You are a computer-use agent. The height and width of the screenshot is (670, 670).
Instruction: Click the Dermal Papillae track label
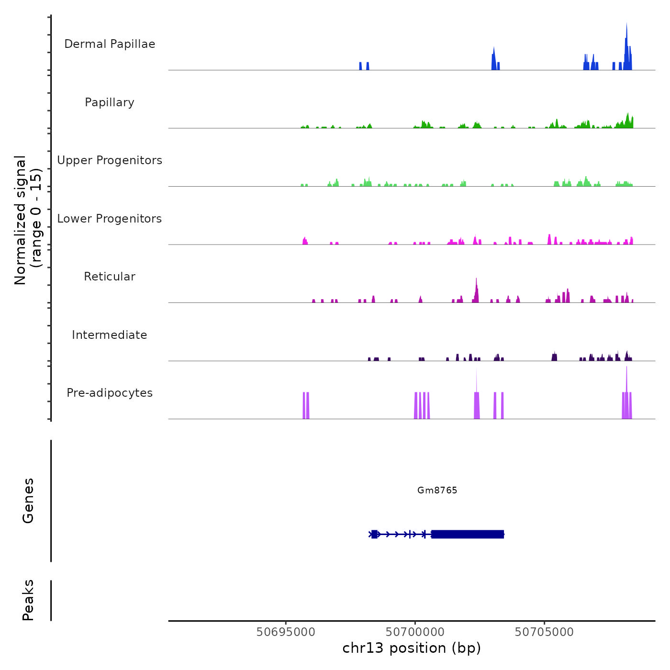pos(110,44)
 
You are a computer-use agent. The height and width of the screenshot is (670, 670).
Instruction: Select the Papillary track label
pos(110,102)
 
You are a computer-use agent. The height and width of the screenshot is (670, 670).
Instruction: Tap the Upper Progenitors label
pos(110,160)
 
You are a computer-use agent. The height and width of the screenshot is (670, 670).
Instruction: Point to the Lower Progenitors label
pos(110,219)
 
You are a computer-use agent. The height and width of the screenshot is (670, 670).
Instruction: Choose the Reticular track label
pos(110,277)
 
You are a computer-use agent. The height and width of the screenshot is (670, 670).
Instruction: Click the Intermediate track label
pos(110,335)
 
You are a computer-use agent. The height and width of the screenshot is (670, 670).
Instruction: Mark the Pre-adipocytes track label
pos(110,393)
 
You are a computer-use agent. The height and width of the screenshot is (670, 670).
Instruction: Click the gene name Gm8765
pos(437,490)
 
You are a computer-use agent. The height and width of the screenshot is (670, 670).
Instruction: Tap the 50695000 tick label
pos(286,632)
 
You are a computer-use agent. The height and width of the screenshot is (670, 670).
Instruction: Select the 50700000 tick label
pos(415,632)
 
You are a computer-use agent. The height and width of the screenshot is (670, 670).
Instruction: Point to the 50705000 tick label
pos(544,632)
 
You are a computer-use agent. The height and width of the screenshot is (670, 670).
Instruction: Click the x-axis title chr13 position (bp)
pos(412,648)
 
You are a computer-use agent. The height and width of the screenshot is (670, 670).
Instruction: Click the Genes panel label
pos(28,500)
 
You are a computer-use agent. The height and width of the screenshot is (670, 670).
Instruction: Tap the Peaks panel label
pos(28,600)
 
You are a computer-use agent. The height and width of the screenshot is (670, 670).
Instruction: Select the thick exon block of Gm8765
pos(468,534)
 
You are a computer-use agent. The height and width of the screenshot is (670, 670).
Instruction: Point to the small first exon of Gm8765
pos(374,534)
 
